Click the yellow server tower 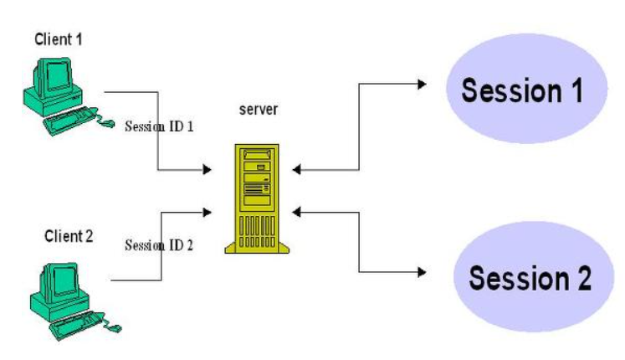tap(253, 198)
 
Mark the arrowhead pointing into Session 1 tap(421, 85)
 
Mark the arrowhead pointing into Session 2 tap(421, 272)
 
